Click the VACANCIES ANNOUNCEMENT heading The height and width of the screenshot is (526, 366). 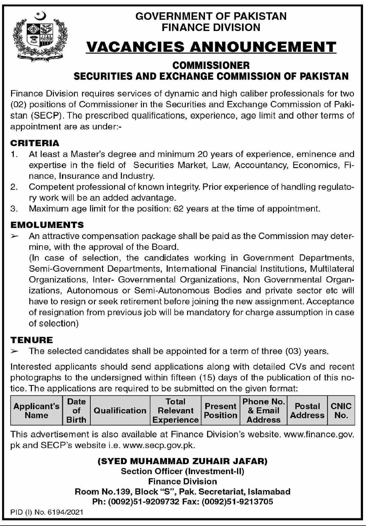click(211, 47)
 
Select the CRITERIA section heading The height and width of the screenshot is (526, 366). click(35, 143)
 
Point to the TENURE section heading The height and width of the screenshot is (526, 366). click(32, 340)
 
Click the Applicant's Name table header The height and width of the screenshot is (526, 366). click(37, 410)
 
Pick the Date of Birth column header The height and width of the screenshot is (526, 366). click(76, 410)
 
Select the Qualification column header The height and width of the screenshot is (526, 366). click(120, 410)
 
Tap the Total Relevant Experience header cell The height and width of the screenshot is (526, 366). click(176, 410)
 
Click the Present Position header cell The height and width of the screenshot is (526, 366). click(221, 410)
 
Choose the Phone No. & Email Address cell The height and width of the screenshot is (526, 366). click(264, 410)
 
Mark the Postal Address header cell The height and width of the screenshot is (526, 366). click(307, 410)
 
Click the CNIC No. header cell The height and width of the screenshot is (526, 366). click(341, 410)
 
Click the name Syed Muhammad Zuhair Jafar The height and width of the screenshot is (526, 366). click(183, 461)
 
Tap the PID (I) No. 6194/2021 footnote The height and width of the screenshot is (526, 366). click(47, 512)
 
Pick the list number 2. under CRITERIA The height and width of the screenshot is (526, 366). click(14, 187)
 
